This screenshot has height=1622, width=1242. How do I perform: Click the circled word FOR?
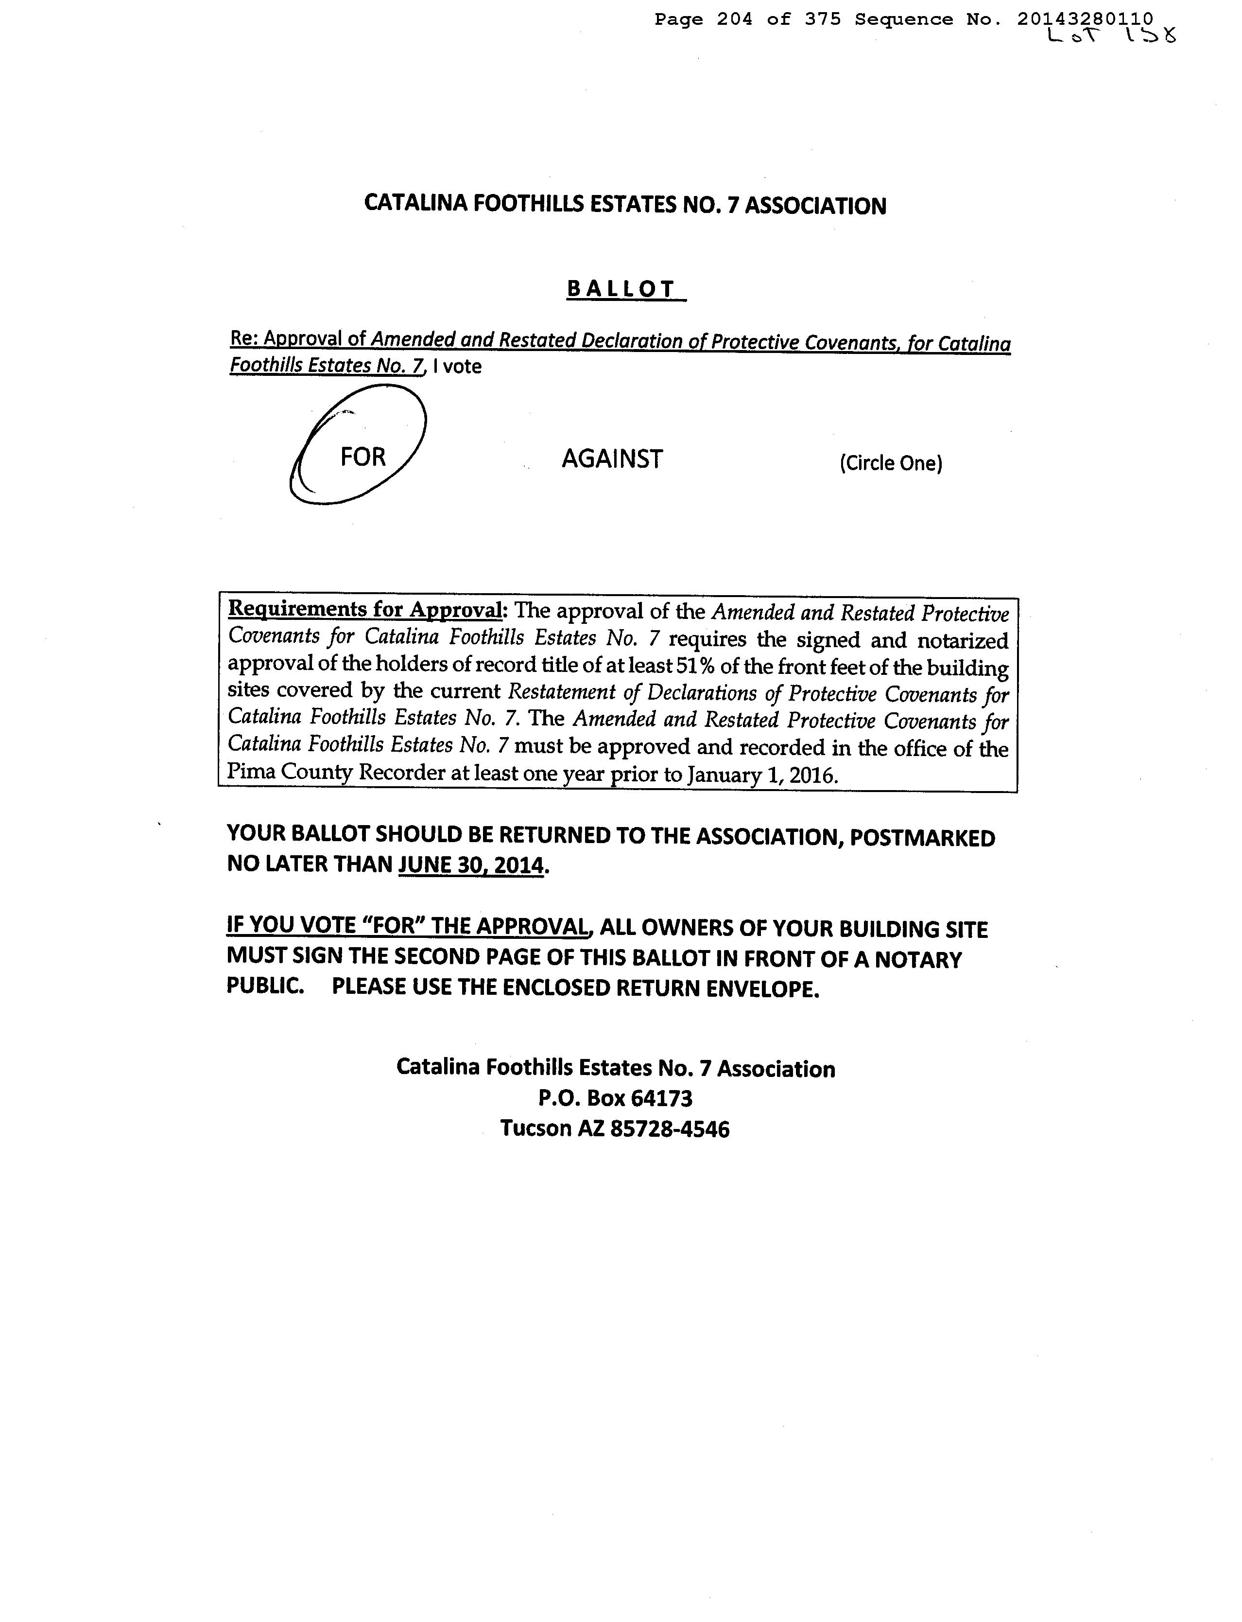coord(363,457)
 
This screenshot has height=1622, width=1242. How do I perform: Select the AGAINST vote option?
coord(612,459)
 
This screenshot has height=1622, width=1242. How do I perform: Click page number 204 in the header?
coord(734,19)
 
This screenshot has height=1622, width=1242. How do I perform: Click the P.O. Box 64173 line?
coord(615,1098)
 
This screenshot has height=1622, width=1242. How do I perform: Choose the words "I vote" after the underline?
coord(458,366)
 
